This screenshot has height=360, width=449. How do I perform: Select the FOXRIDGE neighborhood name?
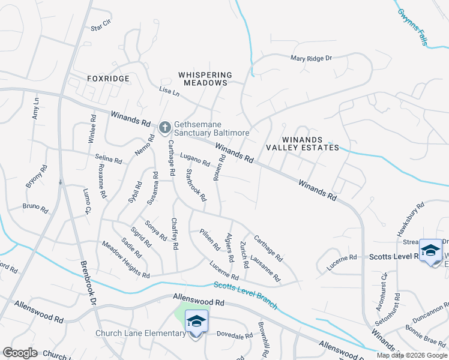(107, 79)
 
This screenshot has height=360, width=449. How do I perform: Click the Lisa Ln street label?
(169, 92)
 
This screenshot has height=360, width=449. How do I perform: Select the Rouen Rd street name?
(220, 167)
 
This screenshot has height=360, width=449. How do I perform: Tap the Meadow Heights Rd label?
(125, 260)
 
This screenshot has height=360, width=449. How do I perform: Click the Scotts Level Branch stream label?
(245, 295)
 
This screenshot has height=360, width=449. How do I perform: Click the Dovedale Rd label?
(234, 336)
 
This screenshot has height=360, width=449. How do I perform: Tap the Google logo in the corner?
(20, 352)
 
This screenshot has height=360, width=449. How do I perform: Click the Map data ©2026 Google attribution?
(412, 355)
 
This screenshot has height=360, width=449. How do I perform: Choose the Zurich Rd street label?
(244, 256)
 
